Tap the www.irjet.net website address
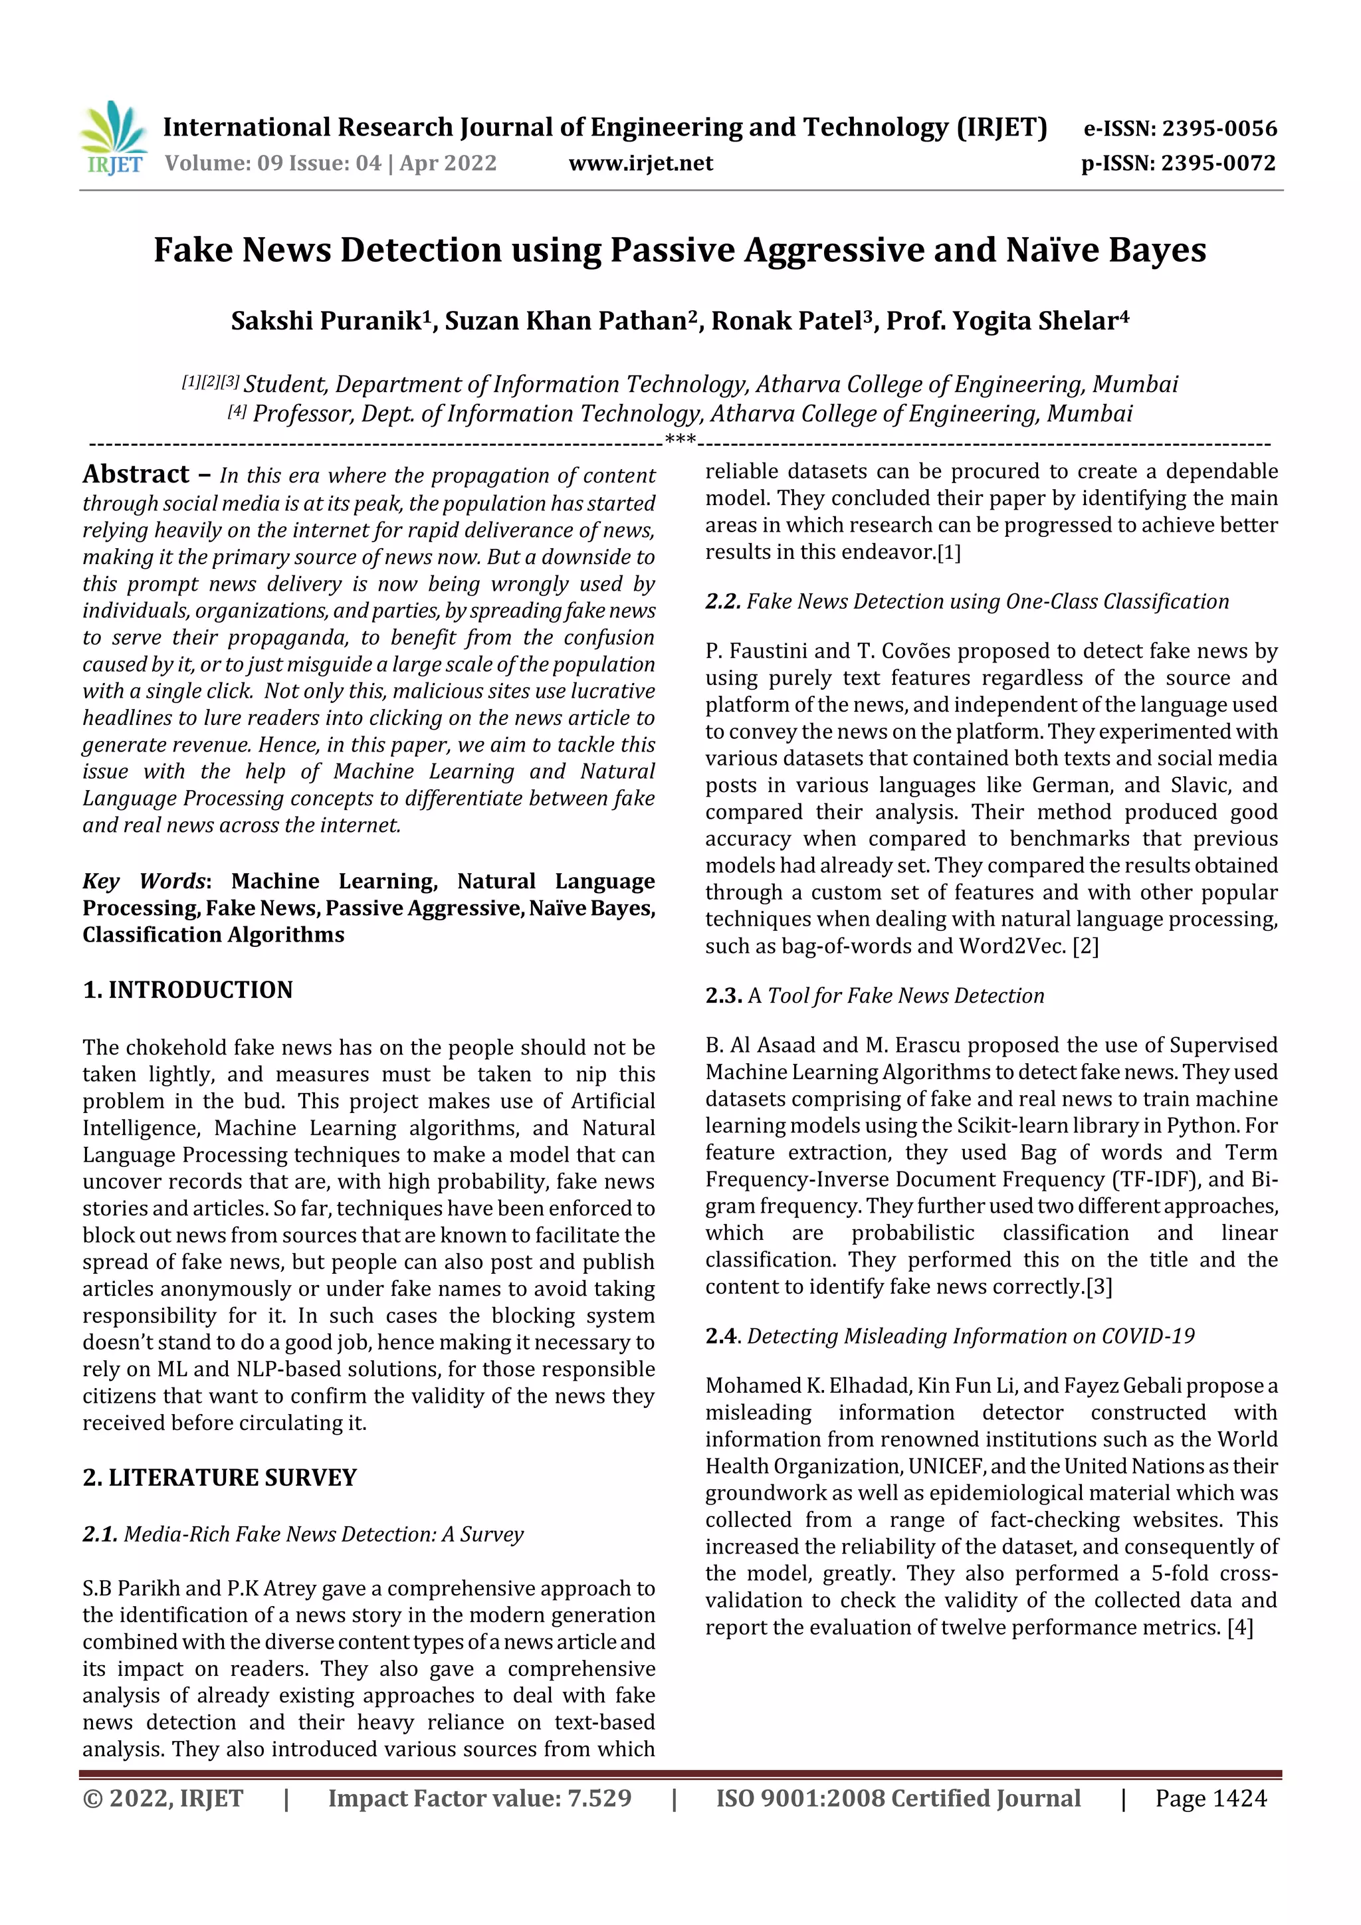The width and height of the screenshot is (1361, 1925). pos(641,163)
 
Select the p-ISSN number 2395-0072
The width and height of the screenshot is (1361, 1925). pos(1218,163)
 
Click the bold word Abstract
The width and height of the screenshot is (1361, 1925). pos(136,474)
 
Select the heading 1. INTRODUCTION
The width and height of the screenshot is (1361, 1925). pos(188,990)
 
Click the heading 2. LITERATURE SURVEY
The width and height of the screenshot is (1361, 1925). pos(220,1477)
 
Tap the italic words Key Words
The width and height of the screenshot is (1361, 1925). pos(144,881)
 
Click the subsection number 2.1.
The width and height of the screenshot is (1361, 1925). pos(100,1534)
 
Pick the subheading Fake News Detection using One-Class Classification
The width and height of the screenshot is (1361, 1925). pos(987,602)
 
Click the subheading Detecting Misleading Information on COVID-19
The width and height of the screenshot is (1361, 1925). pos(970,1336)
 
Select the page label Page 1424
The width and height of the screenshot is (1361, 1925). pos(1210,1798)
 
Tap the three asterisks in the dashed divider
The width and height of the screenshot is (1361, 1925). pos(680,439)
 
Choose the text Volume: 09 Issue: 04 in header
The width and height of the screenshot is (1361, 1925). pos(272,163)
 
